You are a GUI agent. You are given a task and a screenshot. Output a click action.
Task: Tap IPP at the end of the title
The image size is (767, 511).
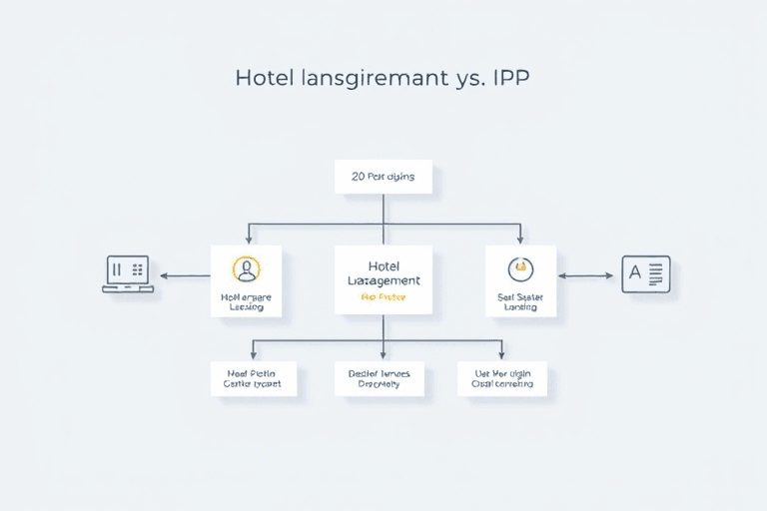[x=509, y=78]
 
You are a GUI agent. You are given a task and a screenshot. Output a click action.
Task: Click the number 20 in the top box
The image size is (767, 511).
[x=359, y=177]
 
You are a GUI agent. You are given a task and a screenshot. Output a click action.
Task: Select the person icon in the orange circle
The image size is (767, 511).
[x=246, y=268]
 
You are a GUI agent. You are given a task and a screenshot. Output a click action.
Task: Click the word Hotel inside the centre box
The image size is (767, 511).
[x=383, y=265]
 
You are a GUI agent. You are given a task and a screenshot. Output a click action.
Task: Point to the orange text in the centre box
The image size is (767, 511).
[x=383, y=297]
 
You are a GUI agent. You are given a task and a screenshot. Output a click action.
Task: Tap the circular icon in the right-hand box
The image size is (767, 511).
[x=520, y=268]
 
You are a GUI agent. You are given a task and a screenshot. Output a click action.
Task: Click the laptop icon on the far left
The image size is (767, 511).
[x=128, y=274]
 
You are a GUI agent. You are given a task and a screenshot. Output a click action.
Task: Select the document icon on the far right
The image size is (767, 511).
[x=646, y=274]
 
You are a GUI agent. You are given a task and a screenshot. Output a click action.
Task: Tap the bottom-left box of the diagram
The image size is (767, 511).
[x=254, y=377]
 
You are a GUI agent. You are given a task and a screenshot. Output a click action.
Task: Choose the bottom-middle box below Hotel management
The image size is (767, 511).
[x=383, y=377]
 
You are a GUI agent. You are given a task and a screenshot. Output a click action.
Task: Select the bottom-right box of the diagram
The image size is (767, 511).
[x=502, y=377]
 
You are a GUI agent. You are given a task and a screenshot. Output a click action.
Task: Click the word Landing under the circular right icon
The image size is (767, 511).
[x=520, y=307]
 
